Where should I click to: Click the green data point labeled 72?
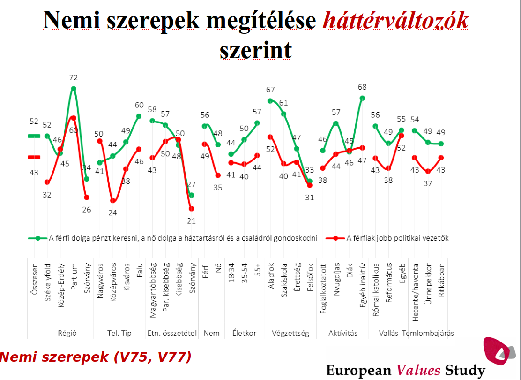pos(74,89)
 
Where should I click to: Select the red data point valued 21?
pos(191,208)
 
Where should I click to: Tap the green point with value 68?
pos(362,98)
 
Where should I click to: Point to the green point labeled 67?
pos(270,100)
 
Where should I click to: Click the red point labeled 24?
pos(112,200)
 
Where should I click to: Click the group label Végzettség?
pos(290,334)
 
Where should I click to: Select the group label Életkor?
pos(244,334)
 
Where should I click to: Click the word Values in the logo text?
pos(418,370)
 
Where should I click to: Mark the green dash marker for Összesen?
pos(34,136)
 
